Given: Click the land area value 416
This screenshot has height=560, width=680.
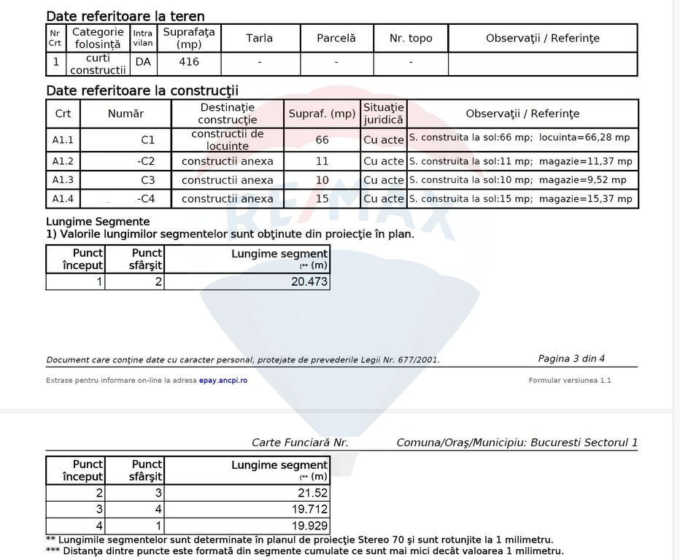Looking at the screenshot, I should pos(189,63).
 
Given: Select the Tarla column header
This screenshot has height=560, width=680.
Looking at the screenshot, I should pos(260,38).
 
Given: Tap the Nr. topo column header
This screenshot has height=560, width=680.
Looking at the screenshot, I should pos(411,38).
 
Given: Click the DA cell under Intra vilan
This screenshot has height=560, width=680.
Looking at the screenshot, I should pos(143,63).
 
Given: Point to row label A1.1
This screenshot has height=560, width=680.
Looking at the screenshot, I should pos(63,139).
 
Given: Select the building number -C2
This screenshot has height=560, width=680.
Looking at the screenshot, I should pos(146,161).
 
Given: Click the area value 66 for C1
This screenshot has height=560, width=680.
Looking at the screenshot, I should pos(322,140).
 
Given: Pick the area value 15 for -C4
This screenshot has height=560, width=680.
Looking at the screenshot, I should pos(322,199).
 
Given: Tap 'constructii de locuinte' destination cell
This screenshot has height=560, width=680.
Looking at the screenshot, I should pos(228,139).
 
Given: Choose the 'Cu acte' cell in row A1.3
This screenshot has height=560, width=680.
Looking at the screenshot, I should pos(383,180).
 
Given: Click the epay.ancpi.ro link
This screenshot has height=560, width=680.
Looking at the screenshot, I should pos(223,381).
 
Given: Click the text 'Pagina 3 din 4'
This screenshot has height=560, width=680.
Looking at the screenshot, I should pos(571,359).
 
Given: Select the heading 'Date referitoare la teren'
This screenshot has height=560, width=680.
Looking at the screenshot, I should pos(125,16).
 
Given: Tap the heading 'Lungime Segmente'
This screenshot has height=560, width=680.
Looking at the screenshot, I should pos(98,222).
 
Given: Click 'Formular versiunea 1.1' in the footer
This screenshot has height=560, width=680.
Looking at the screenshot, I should pos(570,381).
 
